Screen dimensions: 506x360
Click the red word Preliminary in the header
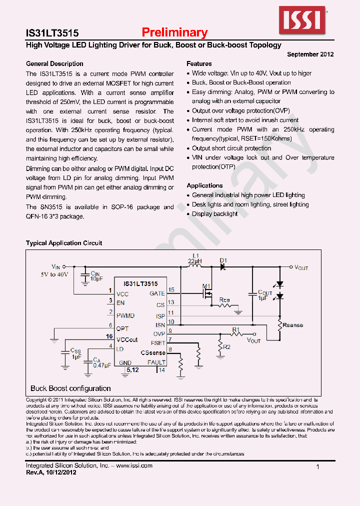point(174,32)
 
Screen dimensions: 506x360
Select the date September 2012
point(310,54)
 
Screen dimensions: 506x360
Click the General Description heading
point(54,64)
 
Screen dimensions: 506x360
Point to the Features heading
point(199,64)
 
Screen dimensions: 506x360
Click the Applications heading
point(204,185)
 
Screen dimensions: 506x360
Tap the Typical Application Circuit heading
point(64,243)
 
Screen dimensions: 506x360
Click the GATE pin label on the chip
point(157,293)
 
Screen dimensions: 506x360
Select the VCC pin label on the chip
point(122,294)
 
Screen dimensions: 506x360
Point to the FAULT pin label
point(156,362)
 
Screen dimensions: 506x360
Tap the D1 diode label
point(223,260)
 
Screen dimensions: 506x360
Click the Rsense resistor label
point(292,325)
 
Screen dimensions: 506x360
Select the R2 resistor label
point(226,346)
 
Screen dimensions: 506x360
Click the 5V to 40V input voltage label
point(54,274)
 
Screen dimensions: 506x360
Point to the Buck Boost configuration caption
point(70,388)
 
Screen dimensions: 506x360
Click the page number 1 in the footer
point(318,467)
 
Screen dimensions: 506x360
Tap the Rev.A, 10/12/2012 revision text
point(51,472)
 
